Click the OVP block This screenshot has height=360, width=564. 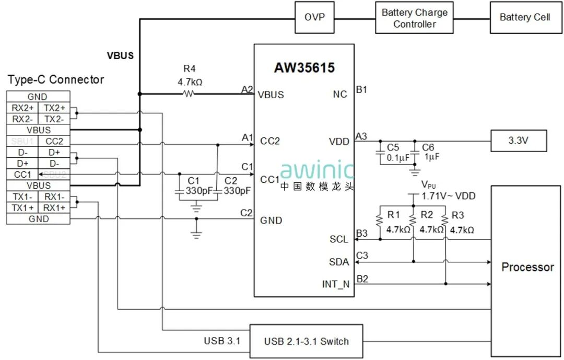(x=314, y=17)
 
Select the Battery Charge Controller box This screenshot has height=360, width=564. (x=415, y=18)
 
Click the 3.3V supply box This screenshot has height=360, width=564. (x=519, y=141)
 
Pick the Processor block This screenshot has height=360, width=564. (x=527, y=267)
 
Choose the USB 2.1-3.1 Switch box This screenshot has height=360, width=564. (x=306, y=342)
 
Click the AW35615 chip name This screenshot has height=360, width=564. (x=304, y=68)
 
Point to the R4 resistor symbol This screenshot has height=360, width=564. (x=188, y=94)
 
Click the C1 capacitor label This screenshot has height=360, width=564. (x=193, y=181)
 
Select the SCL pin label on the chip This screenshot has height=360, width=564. (x=339, y=239)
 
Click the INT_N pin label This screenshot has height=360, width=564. (x=335, y=285)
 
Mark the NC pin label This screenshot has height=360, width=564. (x=340, y=95)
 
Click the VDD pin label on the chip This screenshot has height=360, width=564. (x=339, y=141)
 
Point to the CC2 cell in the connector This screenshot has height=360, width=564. (x=54, y=141)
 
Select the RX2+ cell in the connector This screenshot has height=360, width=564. (x=22, y=108)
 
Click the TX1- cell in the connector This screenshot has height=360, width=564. (x=22, y=197)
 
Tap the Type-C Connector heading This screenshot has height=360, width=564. (x=56, y=80)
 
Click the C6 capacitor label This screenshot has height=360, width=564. (x=428, y=147)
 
